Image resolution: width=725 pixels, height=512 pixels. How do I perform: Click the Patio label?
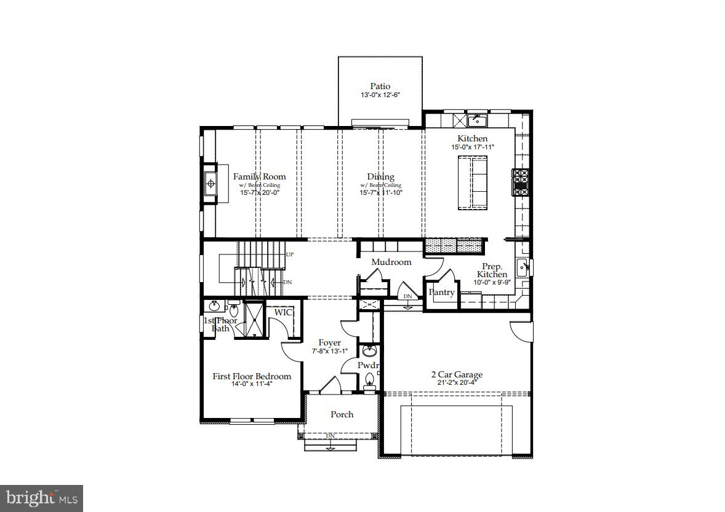pos(380,87)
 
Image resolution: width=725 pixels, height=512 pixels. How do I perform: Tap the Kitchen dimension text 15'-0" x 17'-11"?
pos(472,148)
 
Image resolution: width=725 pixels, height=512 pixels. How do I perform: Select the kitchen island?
pos(471,183)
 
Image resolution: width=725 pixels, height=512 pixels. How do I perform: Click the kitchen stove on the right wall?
pos(521,182)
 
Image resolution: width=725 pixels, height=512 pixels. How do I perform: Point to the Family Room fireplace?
pos(210,183)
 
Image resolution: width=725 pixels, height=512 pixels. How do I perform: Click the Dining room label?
pos(380,176)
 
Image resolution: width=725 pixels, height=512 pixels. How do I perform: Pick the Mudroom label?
pos(391,262)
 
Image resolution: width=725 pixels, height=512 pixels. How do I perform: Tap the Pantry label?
pos(441,293)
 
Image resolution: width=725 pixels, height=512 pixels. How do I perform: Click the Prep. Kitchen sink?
pos(522,267)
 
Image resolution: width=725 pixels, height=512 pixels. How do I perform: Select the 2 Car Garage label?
pos(456,374)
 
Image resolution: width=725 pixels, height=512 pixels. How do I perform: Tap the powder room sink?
pos(369,352)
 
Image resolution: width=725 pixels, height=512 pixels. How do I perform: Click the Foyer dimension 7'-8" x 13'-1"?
pos(329,352)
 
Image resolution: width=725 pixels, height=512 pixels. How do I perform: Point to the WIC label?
pos(283,312)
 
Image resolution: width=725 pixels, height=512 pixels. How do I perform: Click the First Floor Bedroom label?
pos(252,376)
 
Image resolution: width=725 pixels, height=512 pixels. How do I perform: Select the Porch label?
pos(342,414)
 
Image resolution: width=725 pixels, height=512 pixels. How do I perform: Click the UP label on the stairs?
pos(289,254)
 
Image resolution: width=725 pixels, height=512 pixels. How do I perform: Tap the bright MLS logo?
pos(41,497)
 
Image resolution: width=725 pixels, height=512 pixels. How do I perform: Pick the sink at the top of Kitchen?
pos(476,119)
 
